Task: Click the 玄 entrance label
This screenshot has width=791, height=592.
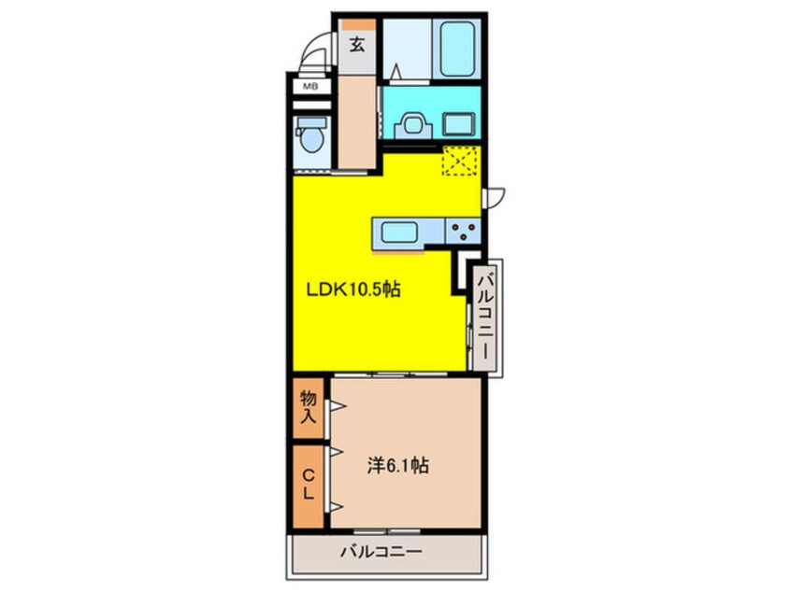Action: point(357,42)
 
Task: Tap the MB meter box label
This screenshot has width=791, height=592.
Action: point(308,87)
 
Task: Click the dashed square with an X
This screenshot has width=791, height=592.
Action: point(460,161)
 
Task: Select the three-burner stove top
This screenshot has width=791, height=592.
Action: point(461,230)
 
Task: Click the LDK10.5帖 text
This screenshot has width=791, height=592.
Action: point(354,289)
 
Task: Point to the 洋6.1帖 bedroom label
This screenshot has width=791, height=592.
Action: point(395,465)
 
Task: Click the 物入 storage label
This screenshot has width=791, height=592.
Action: point(309,407)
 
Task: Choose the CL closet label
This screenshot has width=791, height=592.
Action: point(308,486)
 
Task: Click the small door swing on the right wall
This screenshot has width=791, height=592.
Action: point(496,196)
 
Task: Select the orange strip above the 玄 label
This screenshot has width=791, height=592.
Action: point(357,23)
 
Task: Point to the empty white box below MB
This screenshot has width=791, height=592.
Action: point(308,103)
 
